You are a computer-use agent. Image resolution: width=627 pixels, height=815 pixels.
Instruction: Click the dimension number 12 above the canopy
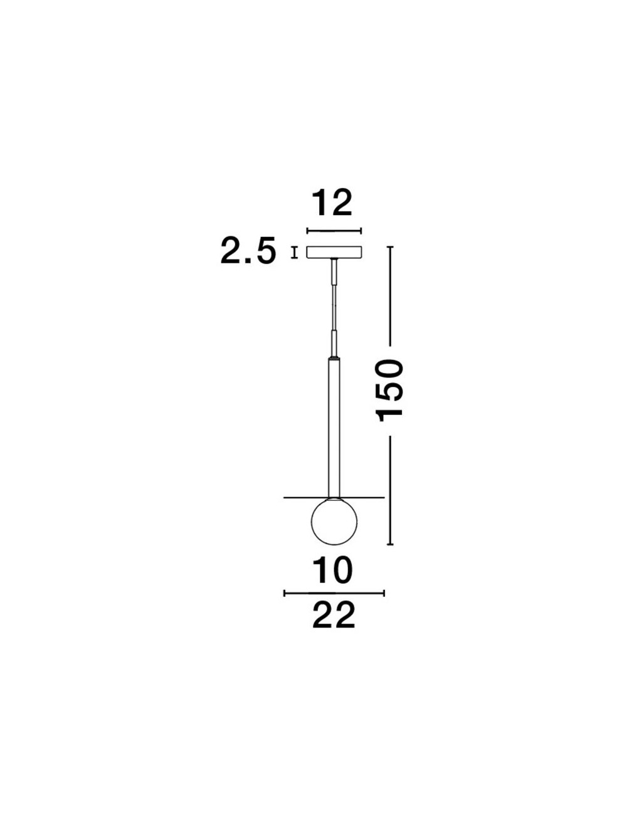click(332, 203)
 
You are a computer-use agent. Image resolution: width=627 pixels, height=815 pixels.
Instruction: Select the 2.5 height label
click(248, 250)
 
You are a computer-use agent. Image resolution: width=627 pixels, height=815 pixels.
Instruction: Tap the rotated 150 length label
click(390, 391)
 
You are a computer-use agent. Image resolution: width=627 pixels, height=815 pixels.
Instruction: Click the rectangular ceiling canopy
click(334, 253)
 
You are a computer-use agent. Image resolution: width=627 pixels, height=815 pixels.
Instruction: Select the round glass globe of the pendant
click(334, 522)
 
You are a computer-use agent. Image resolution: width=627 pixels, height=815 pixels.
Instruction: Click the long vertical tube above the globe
click(334, 428)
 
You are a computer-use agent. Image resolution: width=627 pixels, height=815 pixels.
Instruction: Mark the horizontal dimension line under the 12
click(334, 231)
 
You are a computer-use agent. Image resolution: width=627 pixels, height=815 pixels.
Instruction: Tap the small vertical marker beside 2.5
click(294, 253)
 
